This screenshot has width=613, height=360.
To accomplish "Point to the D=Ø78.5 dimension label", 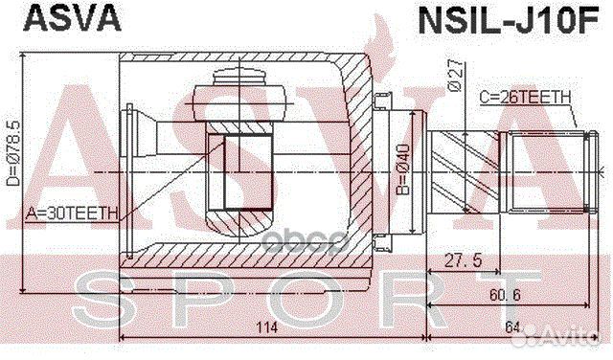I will coord(12,188).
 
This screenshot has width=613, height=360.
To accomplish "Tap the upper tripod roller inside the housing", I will coord(239,101).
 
